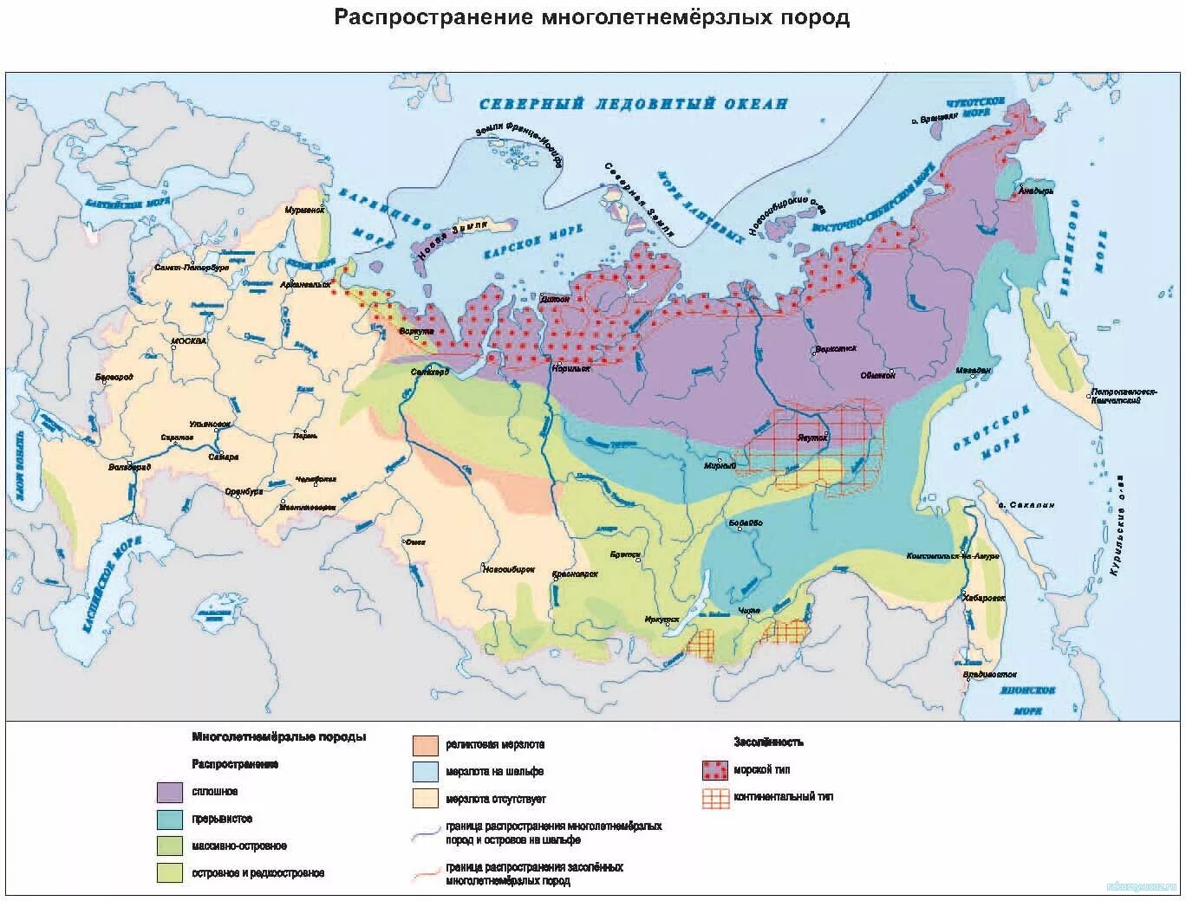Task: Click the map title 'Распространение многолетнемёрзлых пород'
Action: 592,18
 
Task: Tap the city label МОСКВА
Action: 189,341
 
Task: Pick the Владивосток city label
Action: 988,674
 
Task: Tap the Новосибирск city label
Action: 506,568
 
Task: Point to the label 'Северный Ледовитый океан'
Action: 634,104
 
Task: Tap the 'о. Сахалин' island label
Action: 1026,505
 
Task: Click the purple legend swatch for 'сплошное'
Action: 170,792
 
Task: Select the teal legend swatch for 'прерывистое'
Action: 170,819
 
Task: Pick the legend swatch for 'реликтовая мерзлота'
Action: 425,744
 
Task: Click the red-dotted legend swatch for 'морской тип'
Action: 715,770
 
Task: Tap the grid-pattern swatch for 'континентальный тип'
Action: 715,798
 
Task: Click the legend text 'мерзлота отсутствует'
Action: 496,799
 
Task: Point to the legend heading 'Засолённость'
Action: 768,742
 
